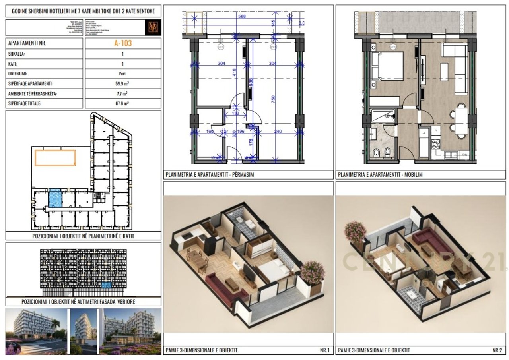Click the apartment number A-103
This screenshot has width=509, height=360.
pyautogui.click(x=122, y=43)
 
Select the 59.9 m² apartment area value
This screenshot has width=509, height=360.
pyautogui.click(x=122, y=84)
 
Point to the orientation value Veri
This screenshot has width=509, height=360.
pyautogui.click(x=122, y=74)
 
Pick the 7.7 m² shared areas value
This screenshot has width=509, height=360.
pyautogui.click(x=122, y=94)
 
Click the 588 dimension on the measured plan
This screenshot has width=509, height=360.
pyautogui.click(x=242, y=17)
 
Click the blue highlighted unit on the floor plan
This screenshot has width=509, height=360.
pyautogui.click(x=55, y=198)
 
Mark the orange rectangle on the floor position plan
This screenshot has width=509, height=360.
pyautogui.click(x=55, y=158)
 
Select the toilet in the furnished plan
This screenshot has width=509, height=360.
pyautogui.click(x=376, y=152)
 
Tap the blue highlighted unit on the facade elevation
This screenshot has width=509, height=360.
pyautogui.click(x=107, y=285)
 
